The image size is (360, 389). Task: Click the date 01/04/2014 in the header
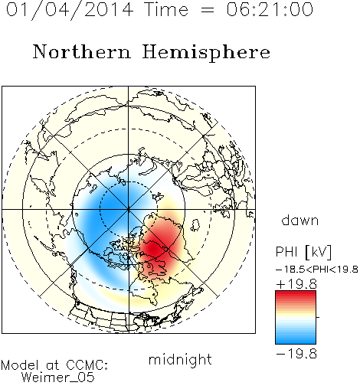click(x=70, y=10)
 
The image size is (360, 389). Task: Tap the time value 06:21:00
click(x=270, y=9)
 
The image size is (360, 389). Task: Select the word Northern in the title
click(x=82, y=51)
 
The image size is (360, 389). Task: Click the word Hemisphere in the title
click(x=206, y=53)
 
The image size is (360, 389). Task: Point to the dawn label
click(x=300, y=220)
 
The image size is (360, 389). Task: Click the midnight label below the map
click(x=180, y=360)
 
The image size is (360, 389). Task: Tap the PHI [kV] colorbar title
click(x=303, y=252)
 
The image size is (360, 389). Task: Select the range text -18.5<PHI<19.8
click(x=317, y=270)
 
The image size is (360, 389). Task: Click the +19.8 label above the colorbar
click(x=296, y=284)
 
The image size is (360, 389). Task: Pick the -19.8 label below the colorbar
click(x=296, y=354)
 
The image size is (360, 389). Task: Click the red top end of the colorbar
click(x=296, y=293)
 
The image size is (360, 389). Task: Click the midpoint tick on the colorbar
click(x=318, y=317)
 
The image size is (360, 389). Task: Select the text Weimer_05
click(x=58, y=378)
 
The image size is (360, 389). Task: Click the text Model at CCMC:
click(x=54, y=365)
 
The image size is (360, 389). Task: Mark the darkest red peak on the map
click(x=153, y=247)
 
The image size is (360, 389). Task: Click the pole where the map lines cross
click(x=129, y=209)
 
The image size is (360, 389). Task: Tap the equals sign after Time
click(x=207, y=10)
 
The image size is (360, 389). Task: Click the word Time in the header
click(x=166, y=9)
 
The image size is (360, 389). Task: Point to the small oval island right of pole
click(x=195, y=225)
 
